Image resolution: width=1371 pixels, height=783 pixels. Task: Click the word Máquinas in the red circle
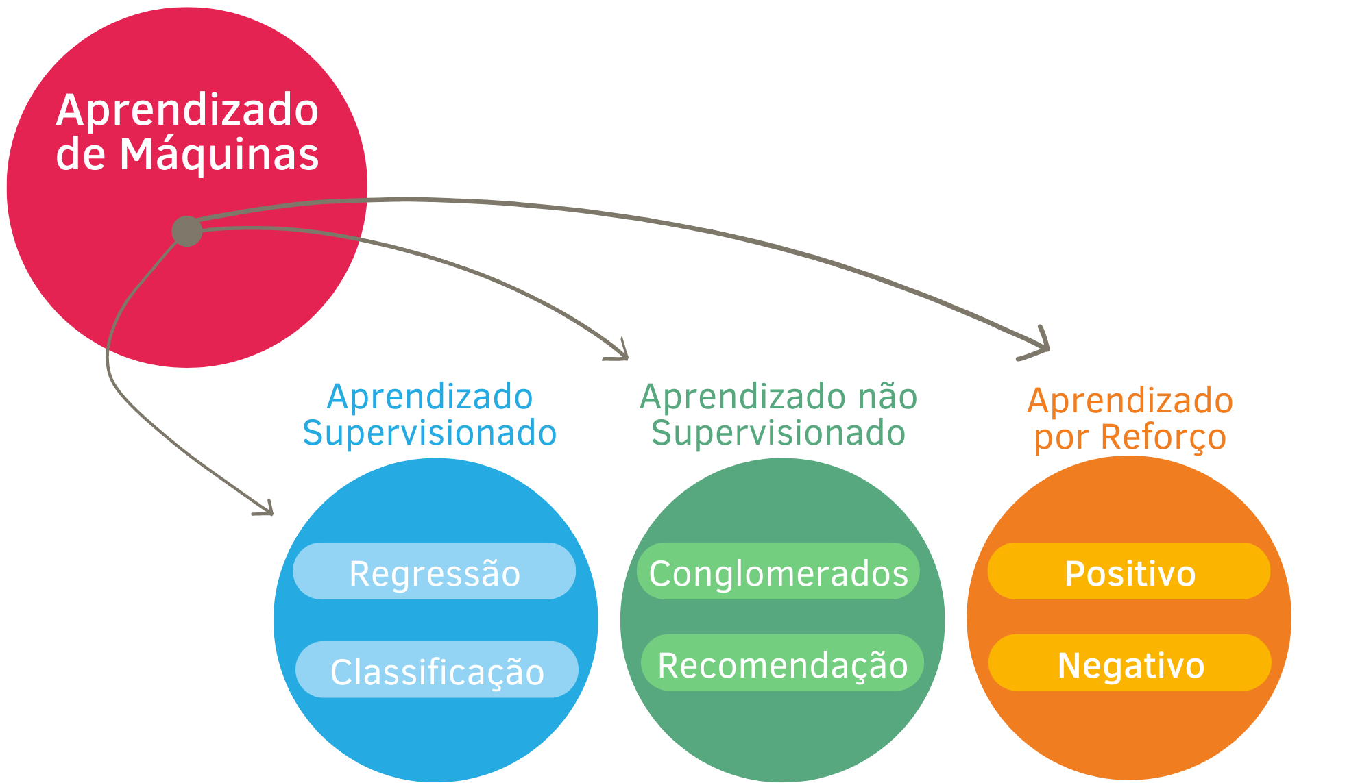(x=219, y=156)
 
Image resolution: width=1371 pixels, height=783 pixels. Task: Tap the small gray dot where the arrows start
(x=187, y=231)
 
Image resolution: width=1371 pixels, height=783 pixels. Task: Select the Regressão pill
(x=434, y=571)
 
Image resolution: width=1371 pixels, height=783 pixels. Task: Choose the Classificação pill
(x=437, y=670)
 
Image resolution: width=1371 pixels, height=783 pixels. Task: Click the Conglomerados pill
(x=778, y=571)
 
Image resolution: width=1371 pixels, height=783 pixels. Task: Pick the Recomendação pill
(x=782, y=663)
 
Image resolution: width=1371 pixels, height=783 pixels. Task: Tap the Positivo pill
(x=1129, y=571)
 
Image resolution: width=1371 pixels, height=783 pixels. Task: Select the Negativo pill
(x=1130, y=663)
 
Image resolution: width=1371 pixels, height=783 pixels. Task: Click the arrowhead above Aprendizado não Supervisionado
(x=620, y=351)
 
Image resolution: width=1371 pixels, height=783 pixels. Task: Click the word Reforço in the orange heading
(x=1163, y=437)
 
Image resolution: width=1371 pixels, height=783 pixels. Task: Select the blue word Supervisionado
(x=430, y=433)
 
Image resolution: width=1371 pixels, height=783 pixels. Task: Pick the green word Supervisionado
(x=778, y=433)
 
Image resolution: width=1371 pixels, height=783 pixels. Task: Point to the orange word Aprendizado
(x=1130, y=401)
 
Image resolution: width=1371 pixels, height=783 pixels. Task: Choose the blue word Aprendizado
(x=430, y=397)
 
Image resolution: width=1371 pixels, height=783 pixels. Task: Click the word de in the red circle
(x=80, y=154)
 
